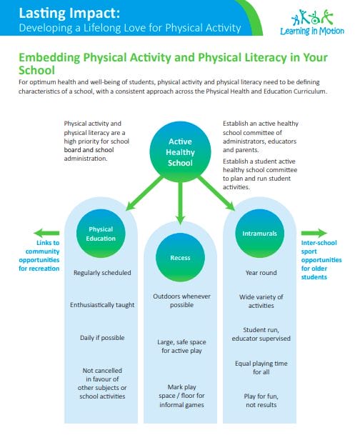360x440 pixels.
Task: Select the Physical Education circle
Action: click(101, 234)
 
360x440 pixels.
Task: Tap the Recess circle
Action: click(180, 257)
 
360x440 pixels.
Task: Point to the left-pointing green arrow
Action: click(47, 232)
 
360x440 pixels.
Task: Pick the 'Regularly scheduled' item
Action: click(101, 273)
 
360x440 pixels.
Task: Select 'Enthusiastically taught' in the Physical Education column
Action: click(101, 305)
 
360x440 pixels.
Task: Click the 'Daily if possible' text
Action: click(101, 336)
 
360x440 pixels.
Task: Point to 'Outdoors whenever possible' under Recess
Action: click(180, 300)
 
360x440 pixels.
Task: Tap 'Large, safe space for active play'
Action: click(180, 346)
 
